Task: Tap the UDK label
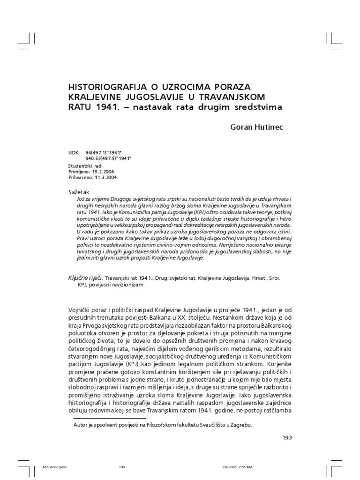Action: (x=74, y=153)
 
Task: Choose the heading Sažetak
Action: (x=79, y=192)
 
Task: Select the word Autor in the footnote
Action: (x=82, y=425)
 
